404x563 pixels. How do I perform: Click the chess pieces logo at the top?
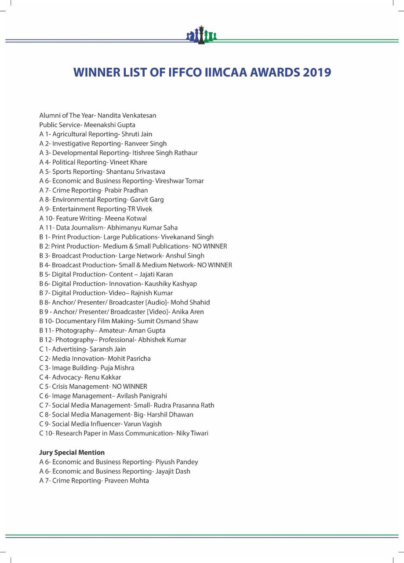[x=201, y=35]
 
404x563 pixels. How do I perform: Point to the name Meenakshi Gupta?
[x=109, y=125]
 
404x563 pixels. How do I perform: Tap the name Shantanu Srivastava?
[x=135, y=172]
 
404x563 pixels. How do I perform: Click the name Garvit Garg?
[x=147, y=200]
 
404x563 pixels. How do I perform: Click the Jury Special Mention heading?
[x=72, y=453]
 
